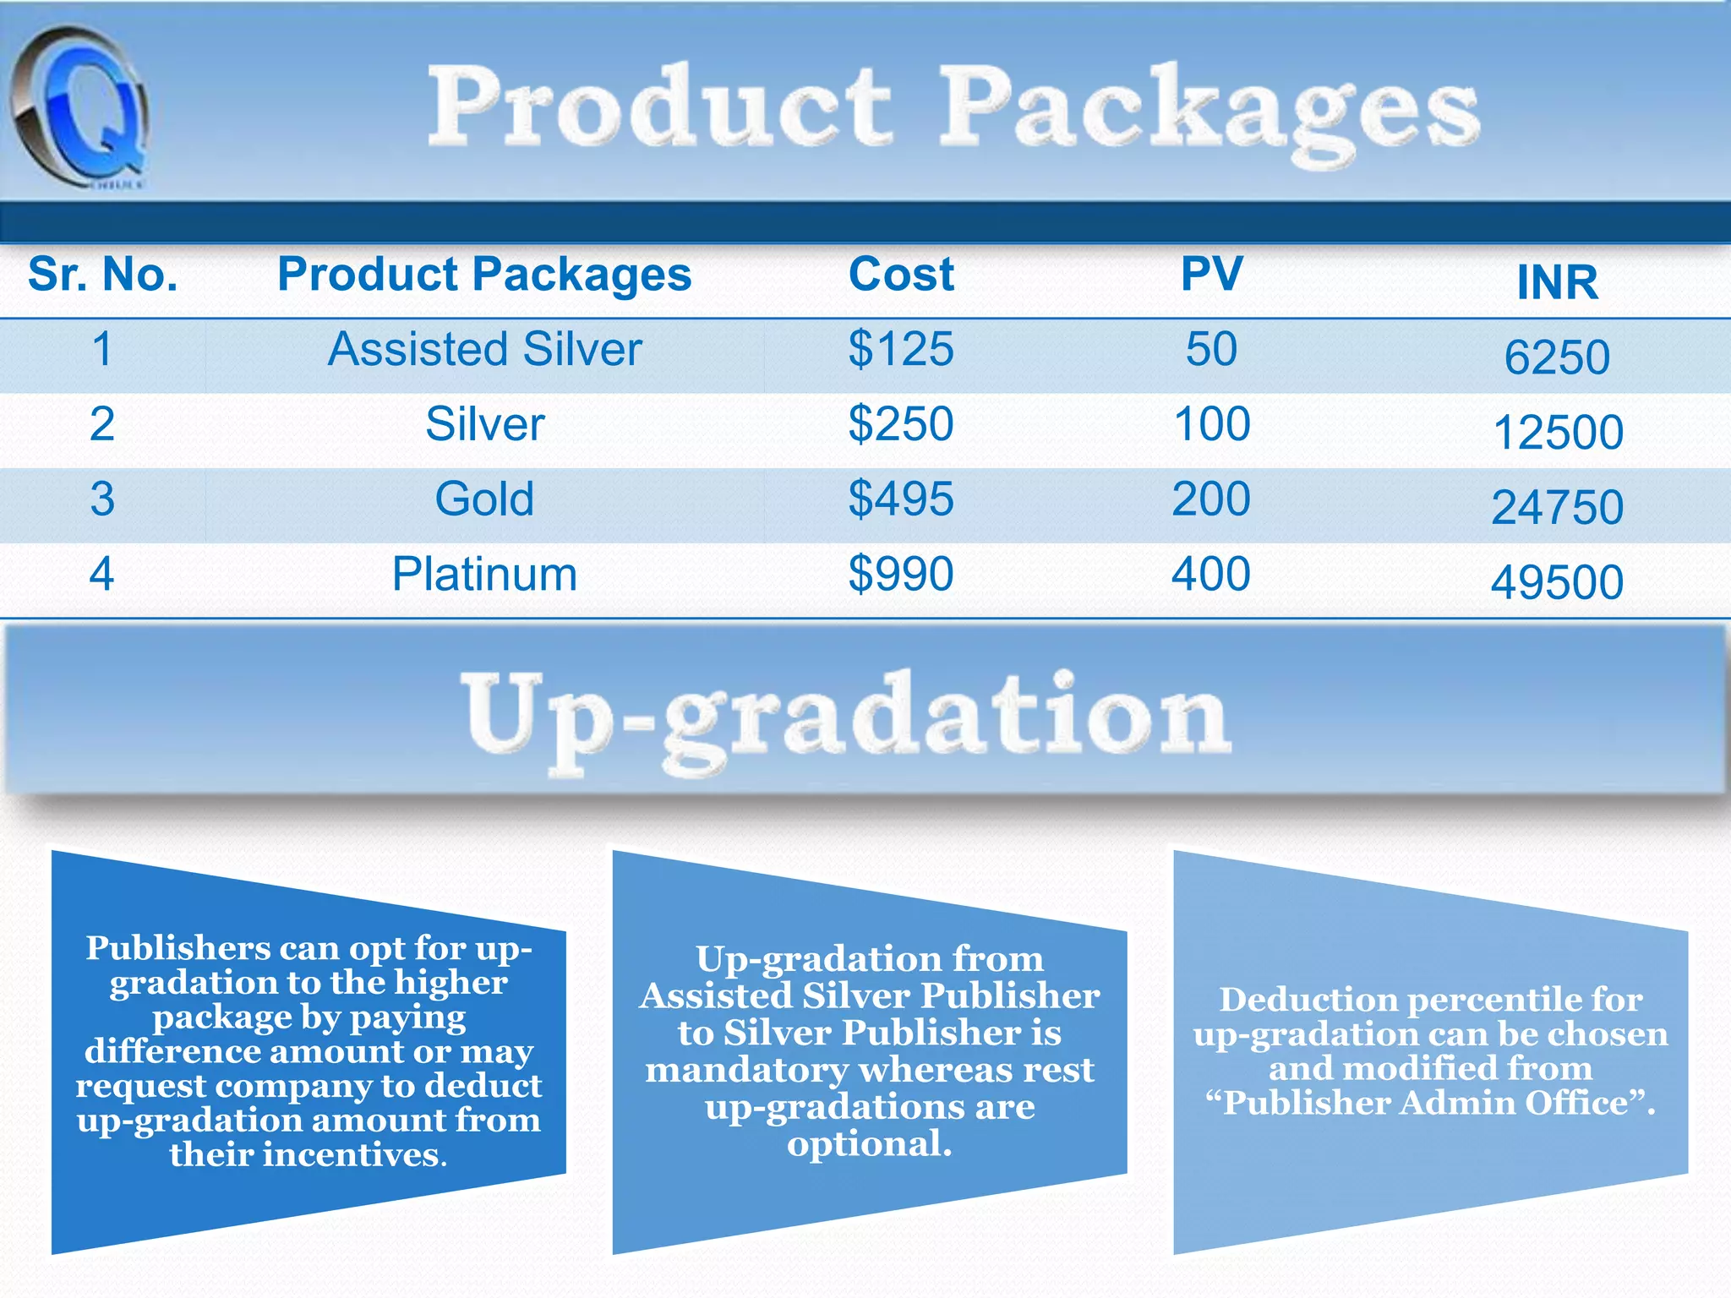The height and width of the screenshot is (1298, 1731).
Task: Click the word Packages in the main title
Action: (1209, 110)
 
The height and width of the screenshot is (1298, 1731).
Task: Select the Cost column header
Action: (901, 275)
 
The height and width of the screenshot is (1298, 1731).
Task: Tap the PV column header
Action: (1211, 275)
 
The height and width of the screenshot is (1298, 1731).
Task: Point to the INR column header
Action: (1557, 282)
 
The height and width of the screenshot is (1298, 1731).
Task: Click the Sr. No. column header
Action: (103, 275)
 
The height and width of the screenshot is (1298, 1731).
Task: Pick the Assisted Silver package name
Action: (484, 350)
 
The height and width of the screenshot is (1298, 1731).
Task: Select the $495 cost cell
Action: (901, 499)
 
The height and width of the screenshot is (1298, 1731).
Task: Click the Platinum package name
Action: (484, 575)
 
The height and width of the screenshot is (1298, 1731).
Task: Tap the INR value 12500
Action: (1558, 433)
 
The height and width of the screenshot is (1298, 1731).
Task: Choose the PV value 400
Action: (1210, 575)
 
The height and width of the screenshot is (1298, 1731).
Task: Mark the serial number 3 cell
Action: (102, 499)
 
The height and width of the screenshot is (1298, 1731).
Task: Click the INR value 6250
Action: (1557, 357)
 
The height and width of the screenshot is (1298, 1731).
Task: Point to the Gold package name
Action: (484, 499)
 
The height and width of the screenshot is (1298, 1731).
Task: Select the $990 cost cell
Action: (901, 575)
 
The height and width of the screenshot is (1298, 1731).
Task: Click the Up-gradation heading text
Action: (845, 718)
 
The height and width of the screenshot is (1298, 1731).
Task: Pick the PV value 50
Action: (1211, 350)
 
